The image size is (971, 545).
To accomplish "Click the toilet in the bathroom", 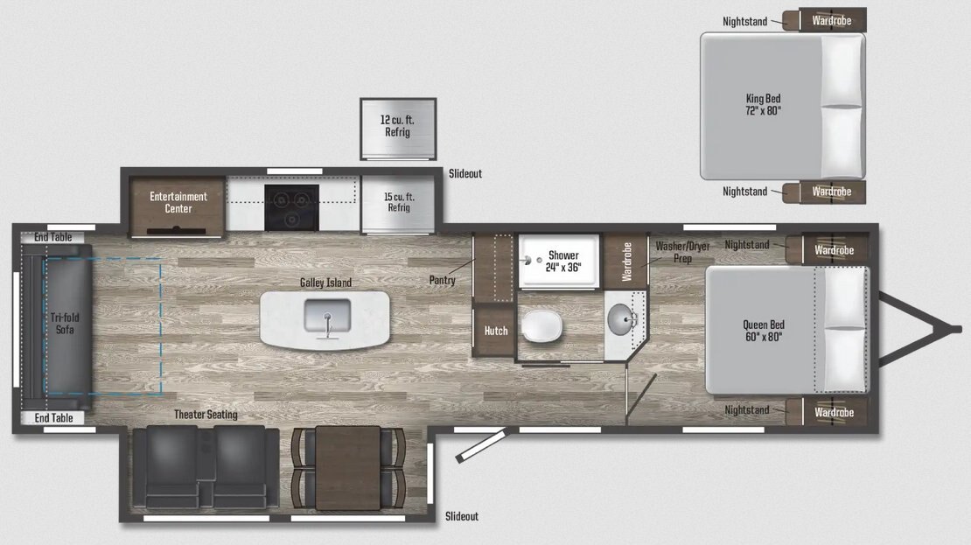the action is pos(541,325).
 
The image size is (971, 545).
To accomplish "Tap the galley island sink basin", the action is pos(327,315).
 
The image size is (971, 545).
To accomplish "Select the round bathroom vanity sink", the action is pos(621,319).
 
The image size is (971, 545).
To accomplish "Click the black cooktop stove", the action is pos(291,207).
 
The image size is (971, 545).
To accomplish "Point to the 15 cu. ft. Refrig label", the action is pos(399,202).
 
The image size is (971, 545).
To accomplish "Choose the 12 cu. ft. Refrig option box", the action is pos(398,129).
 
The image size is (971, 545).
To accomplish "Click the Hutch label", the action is pos(496,331).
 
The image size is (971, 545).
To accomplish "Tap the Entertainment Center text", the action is pos(178,203).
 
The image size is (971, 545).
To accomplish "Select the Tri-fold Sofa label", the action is pos(65,324).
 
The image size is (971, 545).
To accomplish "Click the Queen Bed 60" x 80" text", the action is pos(764,331).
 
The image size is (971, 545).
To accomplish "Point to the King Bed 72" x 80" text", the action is pos(763,105).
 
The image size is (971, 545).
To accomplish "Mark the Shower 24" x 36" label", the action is pos(563,262).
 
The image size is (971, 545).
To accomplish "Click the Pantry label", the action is pos(442,280).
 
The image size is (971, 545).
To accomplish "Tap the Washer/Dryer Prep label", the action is pos(682,252).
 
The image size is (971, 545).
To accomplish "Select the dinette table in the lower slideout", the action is pos(347,468).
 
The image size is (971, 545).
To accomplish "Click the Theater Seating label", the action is pos(206,415).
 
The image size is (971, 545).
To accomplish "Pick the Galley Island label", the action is pos(325,283).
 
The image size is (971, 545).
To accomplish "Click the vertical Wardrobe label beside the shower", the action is pos(626,262).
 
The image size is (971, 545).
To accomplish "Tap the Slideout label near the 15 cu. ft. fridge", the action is pos(465,173).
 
